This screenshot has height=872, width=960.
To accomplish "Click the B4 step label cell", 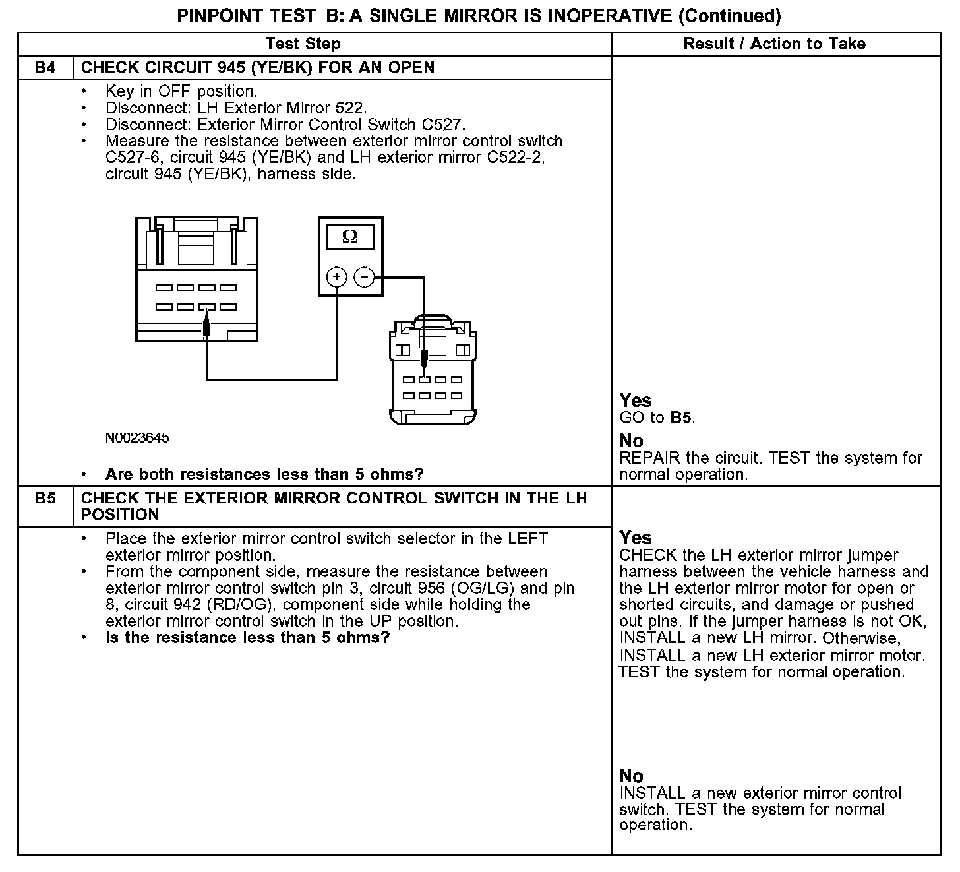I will (x=45, y=68).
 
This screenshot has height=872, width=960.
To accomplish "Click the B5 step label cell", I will (x=45, y=499).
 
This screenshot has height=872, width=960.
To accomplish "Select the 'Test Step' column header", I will (x=303, y=44).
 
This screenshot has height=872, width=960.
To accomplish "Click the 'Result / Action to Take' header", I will (x=775, y=44).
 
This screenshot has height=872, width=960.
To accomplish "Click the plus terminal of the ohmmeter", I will (x=337, y=277).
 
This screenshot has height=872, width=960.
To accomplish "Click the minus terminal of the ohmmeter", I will (x=365, y=277).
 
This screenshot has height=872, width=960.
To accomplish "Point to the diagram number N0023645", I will (x=136, y=437).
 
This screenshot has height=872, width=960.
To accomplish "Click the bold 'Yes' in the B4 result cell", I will (x=636, y=400).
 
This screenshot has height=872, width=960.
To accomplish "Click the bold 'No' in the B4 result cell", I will (x=632, y=441).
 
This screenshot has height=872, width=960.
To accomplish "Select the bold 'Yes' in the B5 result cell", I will (x=636, y=538).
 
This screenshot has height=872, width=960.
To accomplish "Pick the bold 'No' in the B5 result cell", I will (x=632, y=776).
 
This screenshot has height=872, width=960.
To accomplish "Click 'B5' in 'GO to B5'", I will (x=682, y=418).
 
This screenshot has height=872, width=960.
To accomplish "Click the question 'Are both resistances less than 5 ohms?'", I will (x=264, y=474).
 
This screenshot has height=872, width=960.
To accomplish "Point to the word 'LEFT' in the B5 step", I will (x=527, y=538).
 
